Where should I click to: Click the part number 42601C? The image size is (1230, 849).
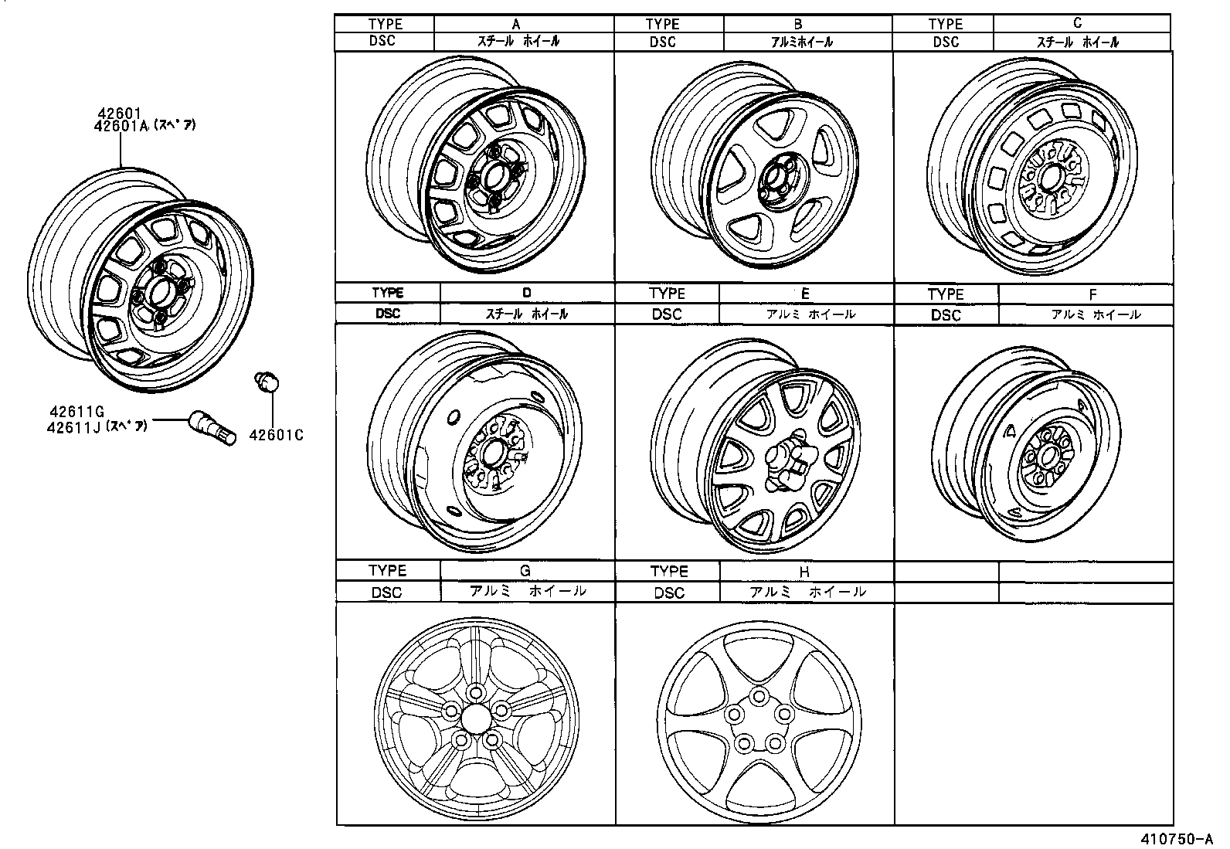[275, 435]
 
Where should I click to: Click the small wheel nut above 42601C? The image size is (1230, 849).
[267, 381]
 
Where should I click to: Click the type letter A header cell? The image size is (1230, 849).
[516, 24]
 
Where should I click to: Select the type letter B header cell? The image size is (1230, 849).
[798, 24]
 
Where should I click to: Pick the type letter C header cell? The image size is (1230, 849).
[1078, 23]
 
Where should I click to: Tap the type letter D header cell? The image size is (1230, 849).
[526, 293]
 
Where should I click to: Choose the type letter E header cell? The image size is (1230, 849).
[805, 294]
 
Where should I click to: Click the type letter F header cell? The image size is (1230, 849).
[1092, 294]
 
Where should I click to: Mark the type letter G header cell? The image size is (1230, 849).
[525, 571]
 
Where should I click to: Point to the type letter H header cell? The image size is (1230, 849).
[804, 572]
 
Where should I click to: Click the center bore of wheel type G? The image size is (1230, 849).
[474, 717]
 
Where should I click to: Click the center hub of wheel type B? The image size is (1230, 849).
[773, 185]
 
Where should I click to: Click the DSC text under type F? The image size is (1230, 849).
[945, 315]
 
